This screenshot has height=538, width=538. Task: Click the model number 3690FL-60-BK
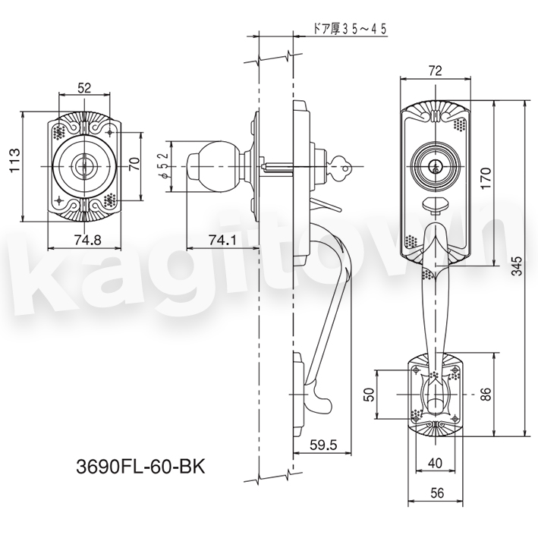click(x=140, y=466)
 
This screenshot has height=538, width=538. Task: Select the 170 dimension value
click(x=486, y=178)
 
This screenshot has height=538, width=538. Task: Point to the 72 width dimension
click(x=435, y=71)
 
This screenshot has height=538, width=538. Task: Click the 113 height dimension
click(x=15, y=160)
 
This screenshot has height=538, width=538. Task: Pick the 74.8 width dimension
click(x=87, y=241)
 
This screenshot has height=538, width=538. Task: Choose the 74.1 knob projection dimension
click(x=222, y=241)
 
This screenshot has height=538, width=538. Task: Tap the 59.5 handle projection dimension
click(x=323, y=445)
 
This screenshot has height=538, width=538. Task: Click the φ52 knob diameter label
click(x=165, y=165)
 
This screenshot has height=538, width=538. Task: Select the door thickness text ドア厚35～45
click(x=350, y=29)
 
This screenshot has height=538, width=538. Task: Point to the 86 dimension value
click(x=486, y=394)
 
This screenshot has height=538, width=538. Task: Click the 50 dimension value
click(x=368, y=395)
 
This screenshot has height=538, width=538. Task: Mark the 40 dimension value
click(x=435, y=463)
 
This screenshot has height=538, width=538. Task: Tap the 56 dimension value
click(x=437, y=493)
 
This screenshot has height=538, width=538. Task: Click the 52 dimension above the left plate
click(x=84, y=88)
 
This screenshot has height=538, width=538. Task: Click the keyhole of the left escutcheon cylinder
click(x=83, y=166)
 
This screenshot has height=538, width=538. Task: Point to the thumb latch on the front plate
click(x=435, y=205)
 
